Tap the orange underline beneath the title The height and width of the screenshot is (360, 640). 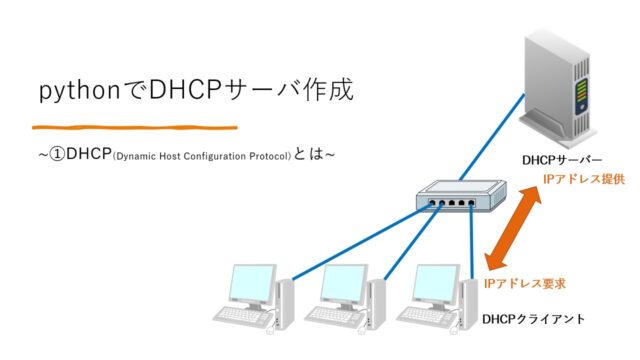134,127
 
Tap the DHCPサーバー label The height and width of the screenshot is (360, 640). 563,160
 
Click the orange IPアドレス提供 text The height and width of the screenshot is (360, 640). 583,179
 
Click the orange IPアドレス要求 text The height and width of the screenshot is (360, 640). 525,284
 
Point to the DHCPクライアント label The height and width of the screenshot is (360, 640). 533,319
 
